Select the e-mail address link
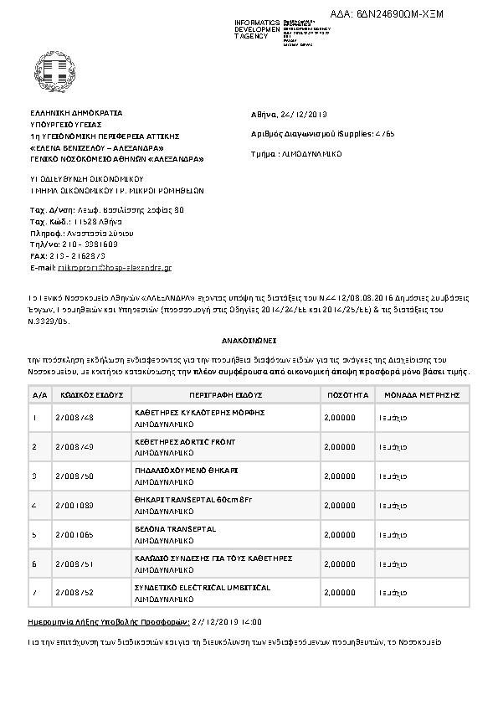click(114, 267)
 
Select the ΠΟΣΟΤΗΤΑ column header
click(343, 393)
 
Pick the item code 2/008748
click(74, 416)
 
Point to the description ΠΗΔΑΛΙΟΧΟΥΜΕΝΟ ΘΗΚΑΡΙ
click(187, 471)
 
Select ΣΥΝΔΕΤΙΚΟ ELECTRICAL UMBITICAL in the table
click(203, 588)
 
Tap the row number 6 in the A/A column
click(34, 563)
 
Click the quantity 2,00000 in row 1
click(339, 416)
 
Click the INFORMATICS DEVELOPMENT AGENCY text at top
click(258, 28)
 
